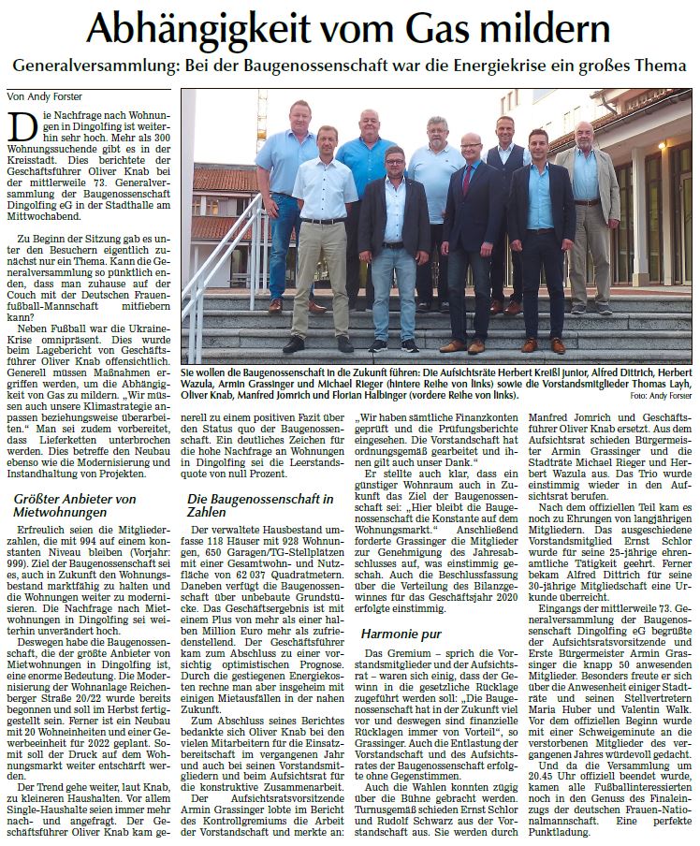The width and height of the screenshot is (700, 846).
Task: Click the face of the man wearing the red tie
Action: point(471,147)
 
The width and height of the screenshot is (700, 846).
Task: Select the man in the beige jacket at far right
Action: point(586,206)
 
